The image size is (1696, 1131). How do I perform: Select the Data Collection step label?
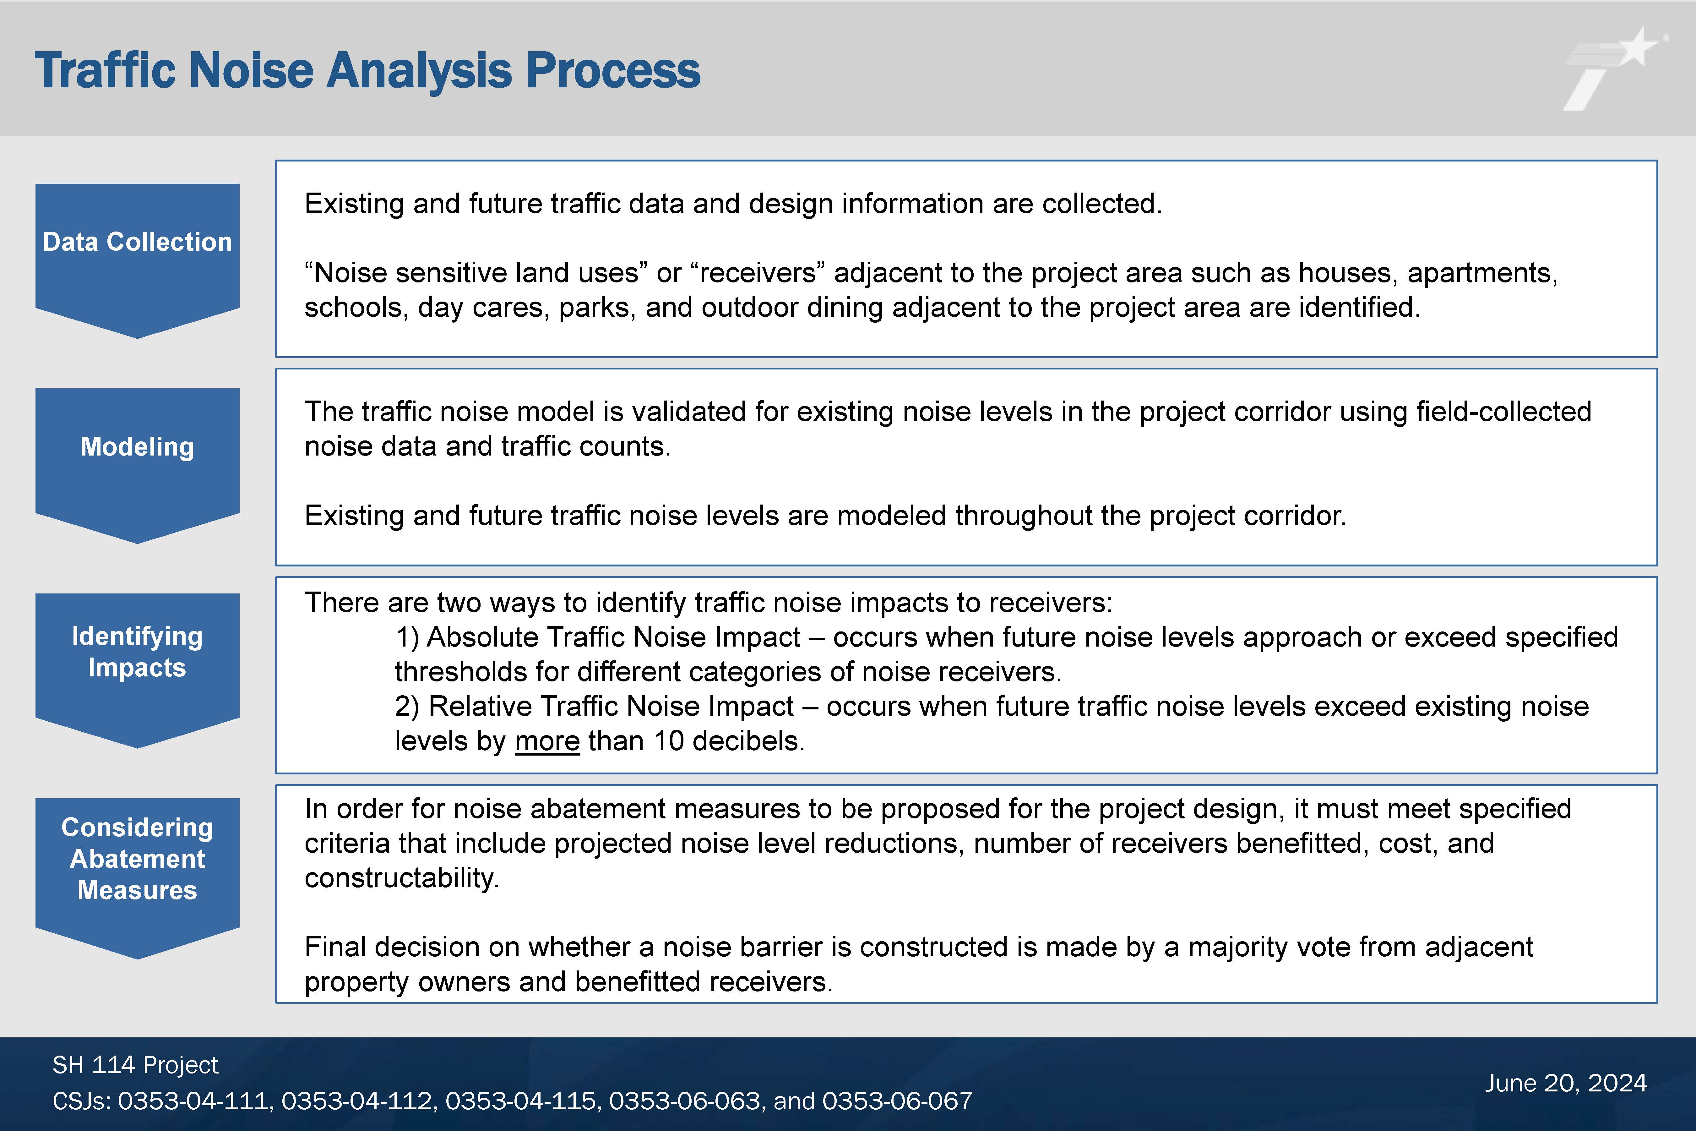[x=137, y=242]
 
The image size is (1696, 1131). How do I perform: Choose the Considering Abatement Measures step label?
[x=137, y=858]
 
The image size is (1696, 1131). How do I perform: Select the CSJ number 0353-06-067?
[x=897, y=1101]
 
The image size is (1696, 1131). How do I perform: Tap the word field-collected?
[x=1503, y=412]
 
